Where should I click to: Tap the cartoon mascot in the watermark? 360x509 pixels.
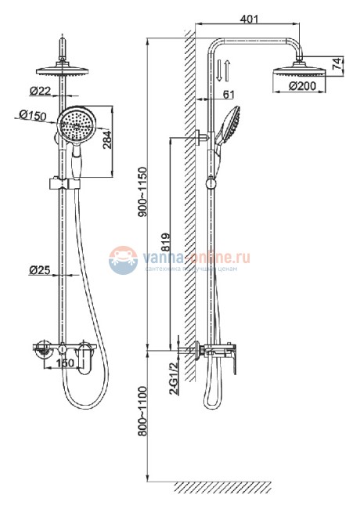coord(122,258)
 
